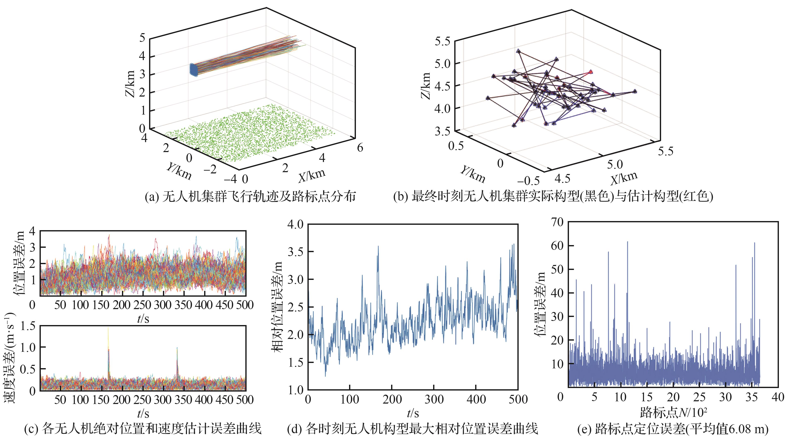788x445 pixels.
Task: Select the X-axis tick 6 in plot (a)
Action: [360, 148]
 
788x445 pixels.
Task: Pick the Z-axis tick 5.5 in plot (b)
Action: [442, 41]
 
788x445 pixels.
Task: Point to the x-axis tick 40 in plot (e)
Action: [778, 397]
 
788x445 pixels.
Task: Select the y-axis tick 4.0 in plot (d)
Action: [295, 224]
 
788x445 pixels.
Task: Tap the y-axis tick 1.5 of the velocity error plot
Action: [28, 326]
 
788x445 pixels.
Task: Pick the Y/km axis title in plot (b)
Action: [473, 174]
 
